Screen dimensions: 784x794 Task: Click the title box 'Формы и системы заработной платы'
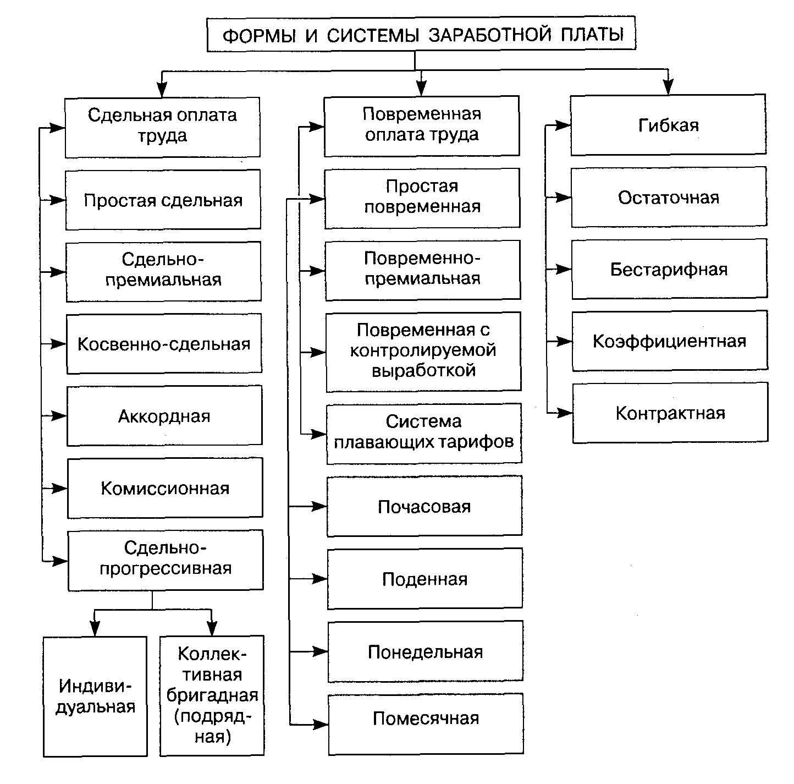[421, 35]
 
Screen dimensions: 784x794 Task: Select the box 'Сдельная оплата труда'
[162, 127]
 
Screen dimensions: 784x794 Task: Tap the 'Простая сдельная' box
[163, 200]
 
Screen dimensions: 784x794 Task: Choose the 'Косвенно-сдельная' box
[164, 344]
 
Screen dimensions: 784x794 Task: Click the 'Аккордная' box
[164, 416]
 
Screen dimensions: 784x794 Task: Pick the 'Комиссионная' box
[165, 489]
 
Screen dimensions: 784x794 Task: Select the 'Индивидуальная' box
[95, 697]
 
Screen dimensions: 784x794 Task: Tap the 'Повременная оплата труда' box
[422, 125]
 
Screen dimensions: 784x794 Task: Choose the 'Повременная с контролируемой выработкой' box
[423, 351]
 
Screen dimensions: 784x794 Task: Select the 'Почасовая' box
[424, 506]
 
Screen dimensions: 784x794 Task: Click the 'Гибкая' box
[668, 125]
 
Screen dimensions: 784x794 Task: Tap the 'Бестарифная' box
[669, 270]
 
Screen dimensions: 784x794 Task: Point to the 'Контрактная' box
[670, 413]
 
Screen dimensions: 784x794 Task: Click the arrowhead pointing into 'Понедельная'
[321, 652]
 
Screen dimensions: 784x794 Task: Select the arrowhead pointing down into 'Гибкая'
[668, 87]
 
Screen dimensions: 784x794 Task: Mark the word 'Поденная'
[424, 579]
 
